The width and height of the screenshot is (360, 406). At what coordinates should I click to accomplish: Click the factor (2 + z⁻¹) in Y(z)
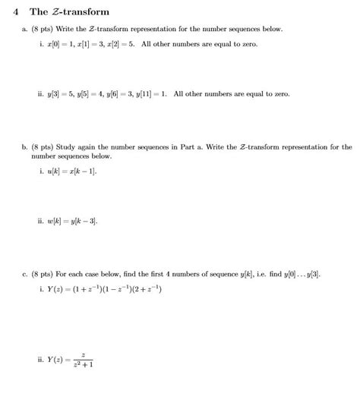[144, 291]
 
